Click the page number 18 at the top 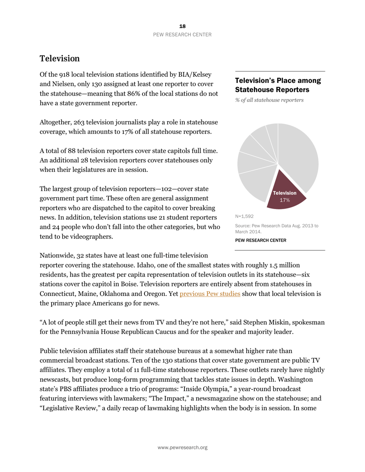[x=182, y=26]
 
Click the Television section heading [x=60, y=59]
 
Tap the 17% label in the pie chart [x=284, y=200]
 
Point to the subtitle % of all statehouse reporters [x=269, y=100]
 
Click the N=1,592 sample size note [x=244, y=216]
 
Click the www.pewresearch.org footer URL [x=182, y=447]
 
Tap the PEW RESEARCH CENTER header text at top [x=182, y=35]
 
